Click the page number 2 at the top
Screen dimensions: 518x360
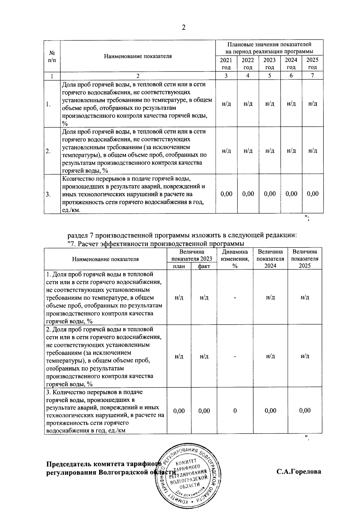coord(184,28)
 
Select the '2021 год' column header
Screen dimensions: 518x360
coord(226,63)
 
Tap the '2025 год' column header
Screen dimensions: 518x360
coord(312,63)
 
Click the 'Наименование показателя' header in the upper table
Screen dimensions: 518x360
coord(138,56)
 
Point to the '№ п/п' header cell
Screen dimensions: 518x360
coord(52,56)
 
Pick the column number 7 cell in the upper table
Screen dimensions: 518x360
coord(312,76)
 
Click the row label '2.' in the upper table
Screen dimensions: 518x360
coord(48,151)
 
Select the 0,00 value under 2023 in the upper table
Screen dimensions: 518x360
coord(269,194)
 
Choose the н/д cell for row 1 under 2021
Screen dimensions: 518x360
coord(226,104)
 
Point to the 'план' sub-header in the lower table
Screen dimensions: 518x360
coord(179,266)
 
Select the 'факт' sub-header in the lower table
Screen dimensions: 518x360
coord(204,266)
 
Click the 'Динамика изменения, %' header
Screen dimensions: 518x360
coord(235,259)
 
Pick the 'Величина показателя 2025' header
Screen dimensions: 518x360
coord(305,259)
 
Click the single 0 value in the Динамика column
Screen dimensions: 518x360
coord(235,410)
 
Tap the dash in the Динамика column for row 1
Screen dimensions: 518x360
coord(235,298)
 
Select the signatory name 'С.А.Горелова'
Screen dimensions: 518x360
coord(299,471)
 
